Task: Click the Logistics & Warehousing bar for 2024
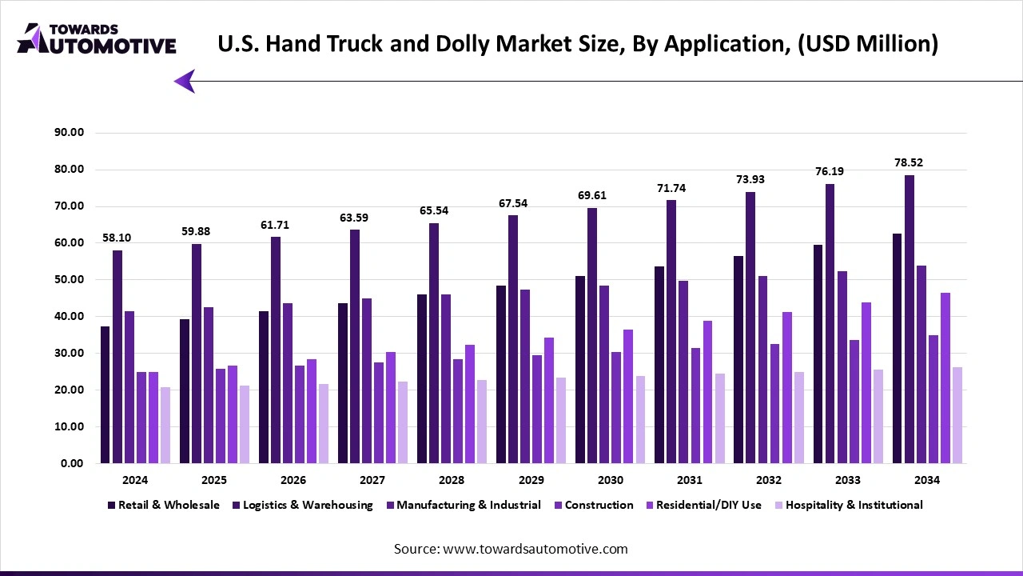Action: (x=117, y=357)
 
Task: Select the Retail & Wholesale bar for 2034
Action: (x=898, y=348)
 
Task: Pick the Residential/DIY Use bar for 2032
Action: (x=787, y=387)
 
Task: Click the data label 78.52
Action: (x=910, y=162)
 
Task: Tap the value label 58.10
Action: (x=117, y=238)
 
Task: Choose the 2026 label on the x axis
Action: (x=293, y=480)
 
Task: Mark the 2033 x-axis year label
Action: (x=848, y=480)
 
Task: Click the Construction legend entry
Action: (x=599, y=505)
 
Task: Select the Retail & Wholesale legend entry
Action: (x=168, y=505)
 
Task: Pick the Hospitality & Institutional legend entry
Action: (x=854, y=505)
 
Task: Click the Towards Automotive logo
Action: (x=96, y=38)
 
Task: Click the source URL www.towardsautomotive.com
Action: (x=535, y=549)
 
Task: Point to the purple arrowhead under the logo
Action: (x=185, y=81)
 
